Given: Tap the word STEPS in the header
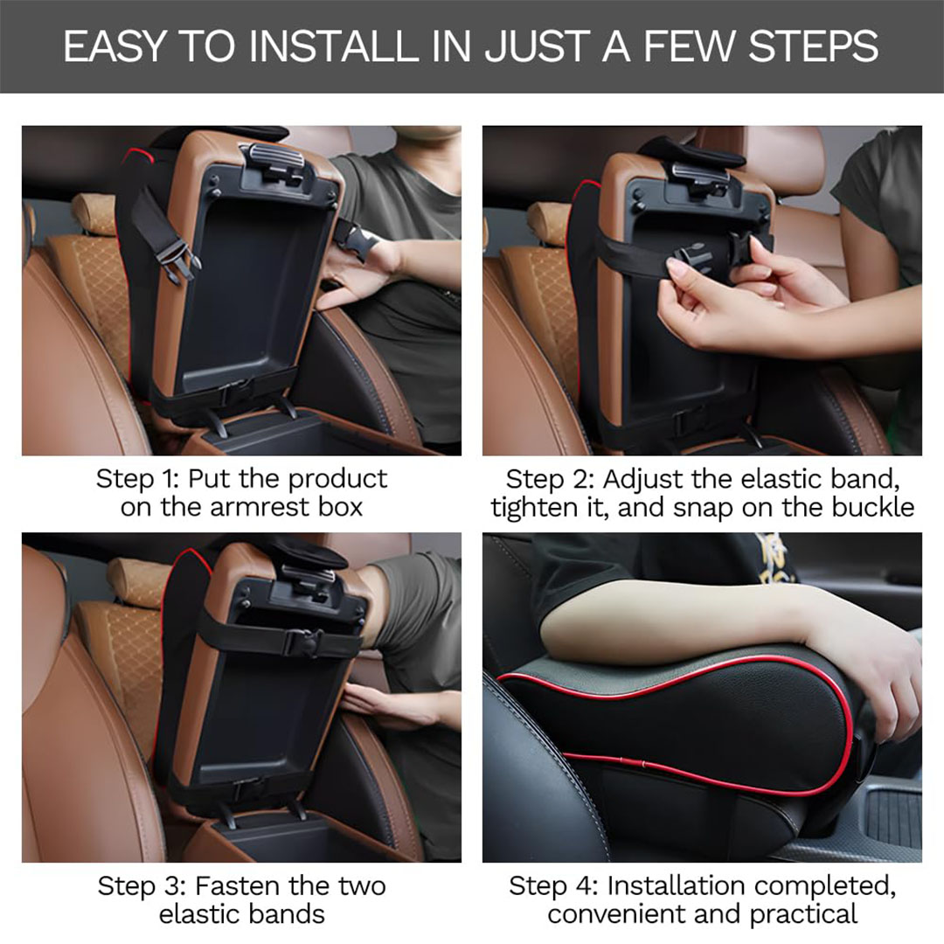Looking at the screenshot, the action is (814, 46).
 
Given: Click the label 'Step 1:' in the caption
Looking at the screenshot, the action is (137, 479).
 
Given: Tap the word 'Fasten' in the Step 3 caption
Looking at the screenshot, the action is (237, 886).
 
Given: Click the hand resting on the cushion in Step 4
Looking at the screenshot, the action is (867, 674).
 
